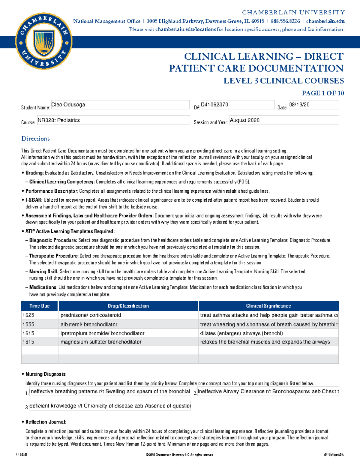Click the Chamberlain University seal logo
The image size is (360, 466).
(x=44, y=41)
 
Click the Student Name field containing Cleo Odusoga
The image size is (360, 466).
(x=120, y=105)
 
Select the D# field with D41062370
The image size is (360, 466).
(x=237, y=105)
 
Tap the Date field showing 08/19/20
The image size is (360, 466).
(x=313, y=105)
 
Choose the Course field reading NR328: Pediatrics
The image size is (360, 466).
(x=113, y=120)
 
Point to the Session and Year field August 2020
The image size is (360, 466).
(x=284, y=120)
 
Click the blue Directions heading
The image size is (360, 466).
(x=35, y=139)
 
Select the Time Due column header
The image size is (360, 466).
(x=39, y=306)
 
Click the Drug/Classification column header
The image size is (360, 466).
(x=128, y=306)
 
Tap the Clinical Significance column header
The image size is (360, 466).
(x=268, y=306)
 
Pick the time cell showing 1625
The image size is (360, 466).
(x=39, y=315)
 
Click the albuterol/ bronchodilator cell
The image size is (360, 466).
(x=128, y=324)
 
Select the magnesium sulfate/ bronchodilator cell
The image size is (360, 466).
(x=128, y=342)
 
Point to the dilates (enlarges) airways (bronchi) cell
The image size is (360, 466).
(x=268, y=333)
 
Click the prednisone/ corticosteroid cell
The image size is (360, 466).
(x=128, y=315)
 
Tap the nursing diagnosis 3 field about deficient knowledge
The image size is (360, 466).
(x=110, y=406)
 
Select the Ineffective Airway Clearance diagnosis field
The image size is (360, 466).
(x=268, y=392)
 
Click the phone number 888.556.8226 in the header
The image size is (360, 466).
(x=285, y=21)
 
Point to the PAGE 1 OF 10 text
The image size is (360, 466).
(x=323, y=93)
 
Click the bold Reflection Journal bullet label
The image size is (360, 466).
(x=46, y=422)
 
